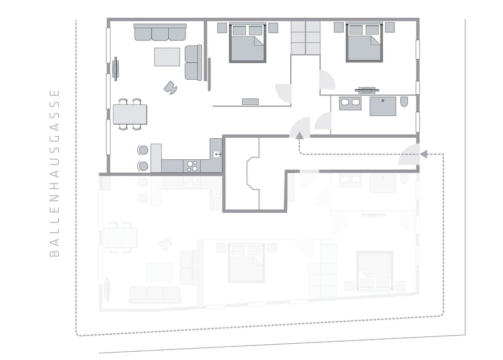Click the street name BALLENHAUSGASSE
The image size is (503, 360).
[x=54, y=173]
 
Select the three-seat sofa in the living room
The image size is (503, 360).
[x=160, y=32]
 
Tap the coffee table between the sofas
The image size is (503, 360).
[x=167, y=57]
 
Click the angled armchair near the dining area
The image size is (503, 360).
[x=170, y=88]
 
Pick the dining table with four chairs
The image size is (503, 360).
[x=130, y=114]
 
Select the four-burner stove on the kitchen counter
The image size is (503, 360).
[x=192, y=166]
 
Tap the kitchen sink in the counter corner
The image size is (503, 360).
[x=216, y=154]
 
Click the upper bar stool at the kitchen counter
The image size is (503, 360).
[x=143, y=150]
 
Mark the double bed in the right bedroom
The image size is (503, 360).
[x=364, y=42]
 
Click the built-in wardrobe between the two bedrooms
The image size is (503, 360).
[x=305, y=38]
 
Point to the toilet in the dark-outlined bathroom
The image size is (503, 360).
[x=404, y=102]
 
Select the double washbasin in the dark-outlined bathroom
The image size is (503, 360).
[x=350, y=103]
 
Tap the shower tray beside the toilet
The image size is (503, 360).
[x=383, y=106]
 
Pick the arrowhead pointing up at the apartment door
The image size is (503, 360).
[x=299, y=135]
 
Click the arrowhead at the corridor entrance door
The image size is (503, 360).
[x=423, y=154]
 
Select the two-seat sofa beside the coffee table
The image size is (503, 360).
[x=193, y=62]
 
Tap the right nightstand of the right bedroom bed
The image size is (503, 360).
[x=390, y=27]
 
